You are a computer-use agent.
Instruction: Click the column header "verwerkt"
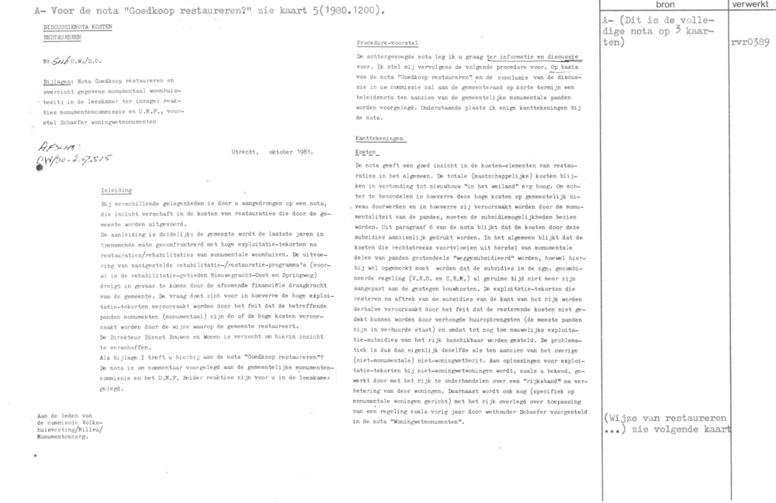coord(748,5)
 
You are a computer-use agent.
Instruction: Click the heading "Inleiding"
coord(117,189)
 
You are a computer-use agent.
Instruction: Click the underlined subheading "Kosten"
coord(363,152)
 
